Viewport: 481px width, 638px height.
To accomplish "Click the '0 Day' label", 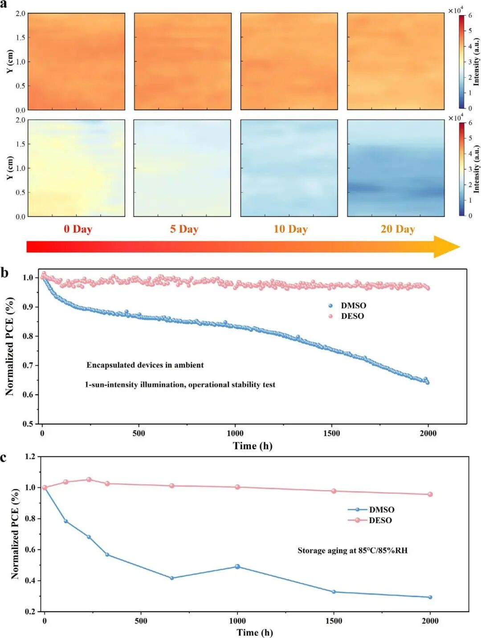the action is (x=78, y=229).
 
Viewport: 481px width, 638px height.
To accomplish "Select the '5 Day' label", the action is (x=184, y=229).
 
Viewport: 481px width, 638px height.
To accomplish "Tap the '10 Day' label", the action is (x=290, y=229).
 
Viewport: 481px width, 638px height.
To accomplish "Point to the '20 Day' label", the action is (x=398, y=229).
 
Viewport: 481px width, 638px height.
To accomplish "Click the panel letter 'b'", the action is (x=4, y=273).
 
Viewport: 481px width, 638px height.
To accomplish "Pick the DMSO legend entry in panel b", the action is (x=347, y=305).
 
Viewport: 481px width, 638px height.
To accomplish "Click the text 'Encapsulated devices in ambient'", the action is (x=145, y=365).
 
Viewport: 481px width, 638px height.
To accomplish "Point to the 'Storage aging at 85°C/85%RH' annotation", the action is (x=353, y=550).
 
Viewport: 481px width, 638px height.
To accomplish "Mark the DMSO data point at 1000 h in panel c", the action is (x=237, y=566).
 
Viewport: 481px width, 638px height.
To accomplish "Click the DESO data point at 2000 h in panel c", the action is (x=430, y=494).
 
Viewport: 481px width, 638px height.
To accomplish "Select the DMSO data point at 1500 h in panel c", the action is (x=334, y=592).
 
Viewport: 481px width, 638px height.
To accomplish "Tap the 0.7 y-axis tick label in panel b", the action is (x=29, y=366).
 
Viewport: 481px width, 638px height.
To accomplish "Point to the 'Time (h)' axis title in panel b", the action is (x=253, y=446).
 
